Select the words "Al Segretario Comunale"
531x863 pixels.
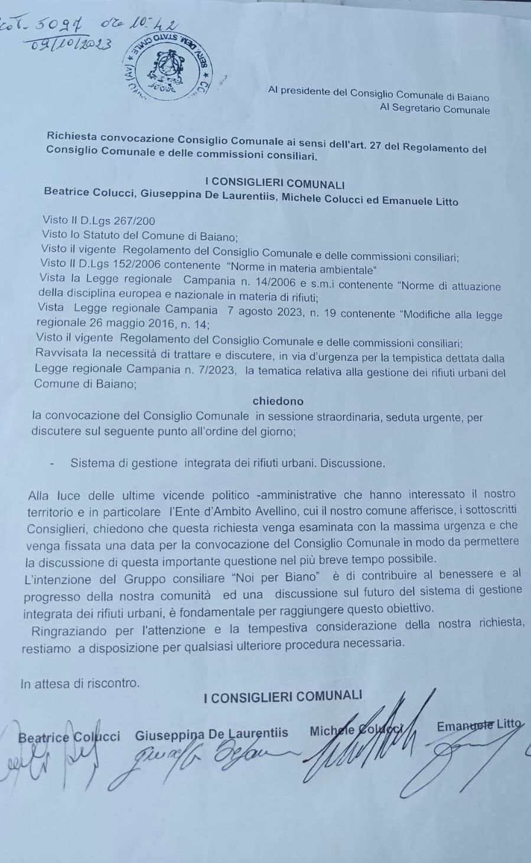[x=435, y=109]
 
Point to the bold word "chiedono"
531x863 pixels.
[x=278, y=401]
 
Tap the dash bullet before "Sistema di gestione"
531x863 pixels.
[x=52, y=464]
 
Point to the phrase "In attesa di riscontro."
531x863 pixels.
[x=80, y=684]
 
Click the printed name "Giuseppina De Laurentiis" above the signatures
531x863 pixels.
[x=211, y=734]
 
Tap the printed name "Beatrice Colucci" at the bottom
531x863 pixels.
[x=69, y=737]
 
